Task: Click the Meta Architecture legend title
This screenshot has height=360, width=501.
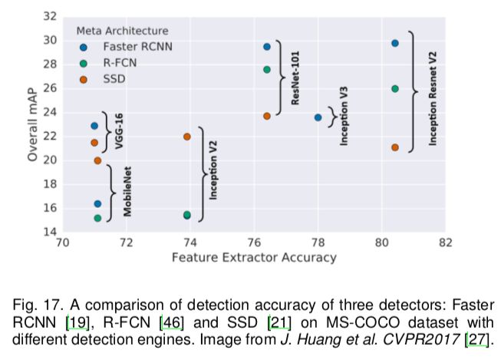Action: point(122,31)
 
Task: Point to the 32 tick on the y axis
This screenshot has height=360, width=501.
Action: point(48,16)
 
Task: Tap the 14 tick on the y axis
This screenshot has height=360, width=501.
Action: point(48,232)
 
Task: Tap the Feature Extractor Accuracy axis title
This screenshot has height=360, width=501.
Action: point(254,258)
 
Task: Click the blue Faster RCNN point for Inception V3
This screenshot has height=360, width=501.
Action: point(318,117)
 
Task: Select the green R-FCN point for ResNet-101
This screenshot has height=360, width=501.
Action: point(267,70)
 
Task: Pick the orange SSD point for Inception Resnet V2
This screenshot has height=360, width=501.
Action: point(395,147)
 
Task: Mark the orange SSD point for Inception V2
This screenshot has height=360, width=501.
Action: point(187,137)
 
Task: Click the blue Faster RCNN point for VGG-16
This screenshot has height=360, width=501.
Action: point(94,126)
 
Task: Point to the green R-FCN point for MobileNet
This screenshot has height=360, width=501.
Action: point(97,218)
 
